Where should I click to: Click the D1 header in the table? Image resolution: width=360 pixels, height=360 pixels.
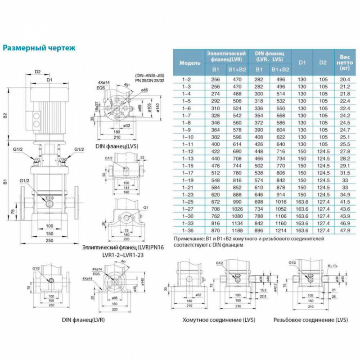coord(302,63)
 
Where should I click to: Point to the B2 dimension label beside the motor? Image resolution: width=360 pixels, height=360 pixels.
coord(5,115)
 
